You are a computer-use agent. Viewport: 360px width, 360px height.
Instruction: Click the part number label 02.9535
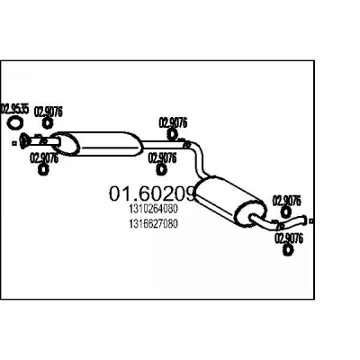pos(15,109)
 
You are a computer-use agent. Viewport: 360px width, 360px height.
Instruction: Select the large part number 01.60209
pos(153,193)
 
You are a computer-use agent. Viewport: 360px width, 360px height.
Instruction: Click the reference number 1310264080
pos(154,209)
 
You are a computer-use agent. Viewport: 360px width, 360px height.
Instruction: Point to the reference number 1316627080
pos(154,224)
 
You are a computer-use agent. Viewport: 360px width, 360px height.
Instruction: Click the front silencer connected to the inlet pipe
pos(96,144)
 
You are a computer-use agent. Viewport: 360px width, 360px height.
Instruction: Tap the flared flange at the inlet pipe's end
pos(23,141)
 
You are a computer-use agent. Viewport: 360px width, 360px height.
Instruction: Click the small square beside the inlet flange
pos(13,143)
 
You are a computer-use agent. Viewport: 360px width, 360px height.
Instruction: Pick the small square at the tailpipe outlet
pos(311,221)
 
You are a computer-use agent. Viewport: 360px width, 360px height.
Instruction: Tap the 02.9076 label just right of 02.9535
pos(49,112)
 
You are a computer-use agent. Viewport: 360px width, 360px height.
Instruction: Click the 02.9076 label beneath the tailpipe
pos(289,238)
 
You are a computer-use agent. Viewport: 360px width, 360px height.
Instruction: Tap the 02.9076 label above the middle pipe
pos(173,122)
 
